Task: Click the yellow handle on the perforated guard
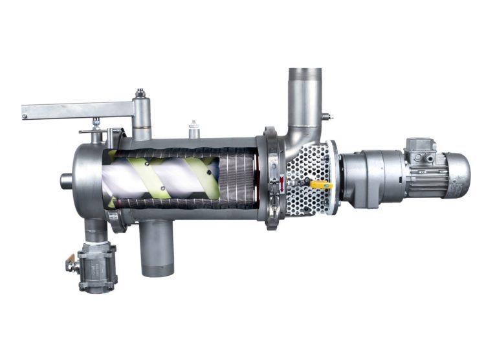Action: click(x=321, y=185)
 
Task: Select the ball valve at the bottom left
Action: click(x=97, y=267)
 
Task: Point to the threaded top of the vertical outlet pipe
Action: click(x=305, y=74)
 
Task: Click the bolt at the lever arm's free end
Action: click(x=25, y=117)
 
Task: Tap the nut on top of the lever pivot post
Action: click(x=140, y=95)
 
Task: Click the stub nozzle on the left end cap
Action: click(x=66, y=181)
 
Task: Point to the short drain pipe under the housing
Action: click(x=157, y=249)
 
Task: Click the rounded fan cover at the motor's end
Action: click(x=458, y=175)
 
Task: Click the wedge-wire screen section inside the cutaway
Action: click(x=236, y=178)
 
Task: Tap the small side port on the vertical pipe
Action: click(x=326, y=117)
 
